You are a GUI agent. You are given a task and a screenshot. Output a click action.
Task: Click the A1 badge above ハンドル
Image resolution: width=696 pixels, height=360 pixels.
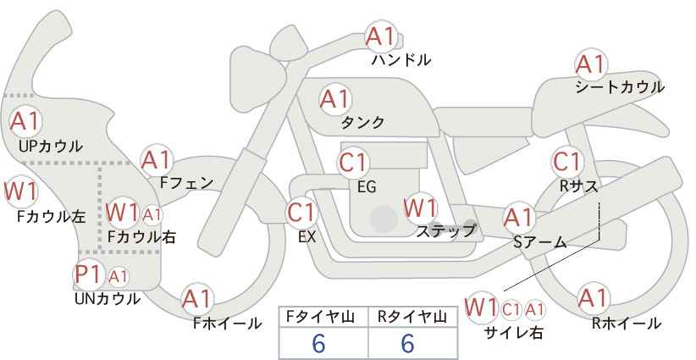click(x=380, y=36)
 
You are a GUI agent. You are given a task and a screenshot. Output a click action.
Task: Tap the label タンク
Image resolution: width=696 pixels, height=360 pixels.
click(x=362, y=123)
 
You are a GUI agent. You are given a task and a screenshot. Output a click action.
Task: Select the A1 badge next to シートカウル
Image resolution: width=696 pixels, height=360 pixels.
click(x=590, y=64)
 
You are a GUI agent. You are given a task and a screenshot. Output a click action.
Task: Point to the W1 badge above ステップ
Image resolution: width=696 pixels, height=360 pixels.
click(x=419, y=208)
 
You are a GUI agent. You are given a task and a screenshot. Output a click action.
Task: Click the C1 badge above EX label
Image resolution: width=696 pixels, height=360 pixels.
click(x=301, y=212)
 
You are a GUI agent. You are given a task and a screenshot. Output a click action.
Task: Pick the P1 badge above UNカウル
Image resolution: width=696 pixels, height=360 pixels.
click(x=89, y=275)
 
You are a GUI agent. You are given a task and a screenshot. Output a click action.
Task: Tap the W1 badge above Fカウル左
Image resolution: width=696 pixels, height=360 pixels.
click(x=19, y=191)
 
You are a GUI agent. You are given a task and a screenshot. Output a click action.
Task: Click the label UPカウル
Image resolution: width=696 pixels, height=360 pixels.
click(x=50, y=147)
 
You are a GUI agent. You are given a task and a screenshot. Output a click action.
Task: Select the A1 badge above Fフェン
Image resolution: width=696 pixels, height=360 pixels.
click(x=156, y=159)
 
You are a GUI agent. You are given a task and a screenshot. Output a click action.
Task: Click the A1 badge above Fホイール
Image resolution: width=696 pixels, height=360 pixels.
click(x=197, y=298)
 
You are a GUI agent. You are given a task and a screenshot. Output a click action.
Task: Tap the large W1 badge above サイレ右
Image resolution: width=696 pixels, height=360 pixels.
click(x=482, y=307)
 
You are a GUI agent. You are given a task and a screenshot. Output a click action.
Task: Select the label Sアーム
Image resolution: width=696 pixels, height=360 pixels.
click(x=539, y=241)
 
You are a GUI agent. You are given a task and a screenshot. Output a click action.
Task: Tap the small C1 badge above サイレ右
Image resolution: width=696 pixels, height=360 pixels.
click(x=511, y=308)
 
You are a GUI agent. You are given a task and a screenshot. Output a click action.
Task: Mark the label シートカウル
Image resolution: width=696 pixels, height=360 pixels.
click(x=619, y=87)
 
